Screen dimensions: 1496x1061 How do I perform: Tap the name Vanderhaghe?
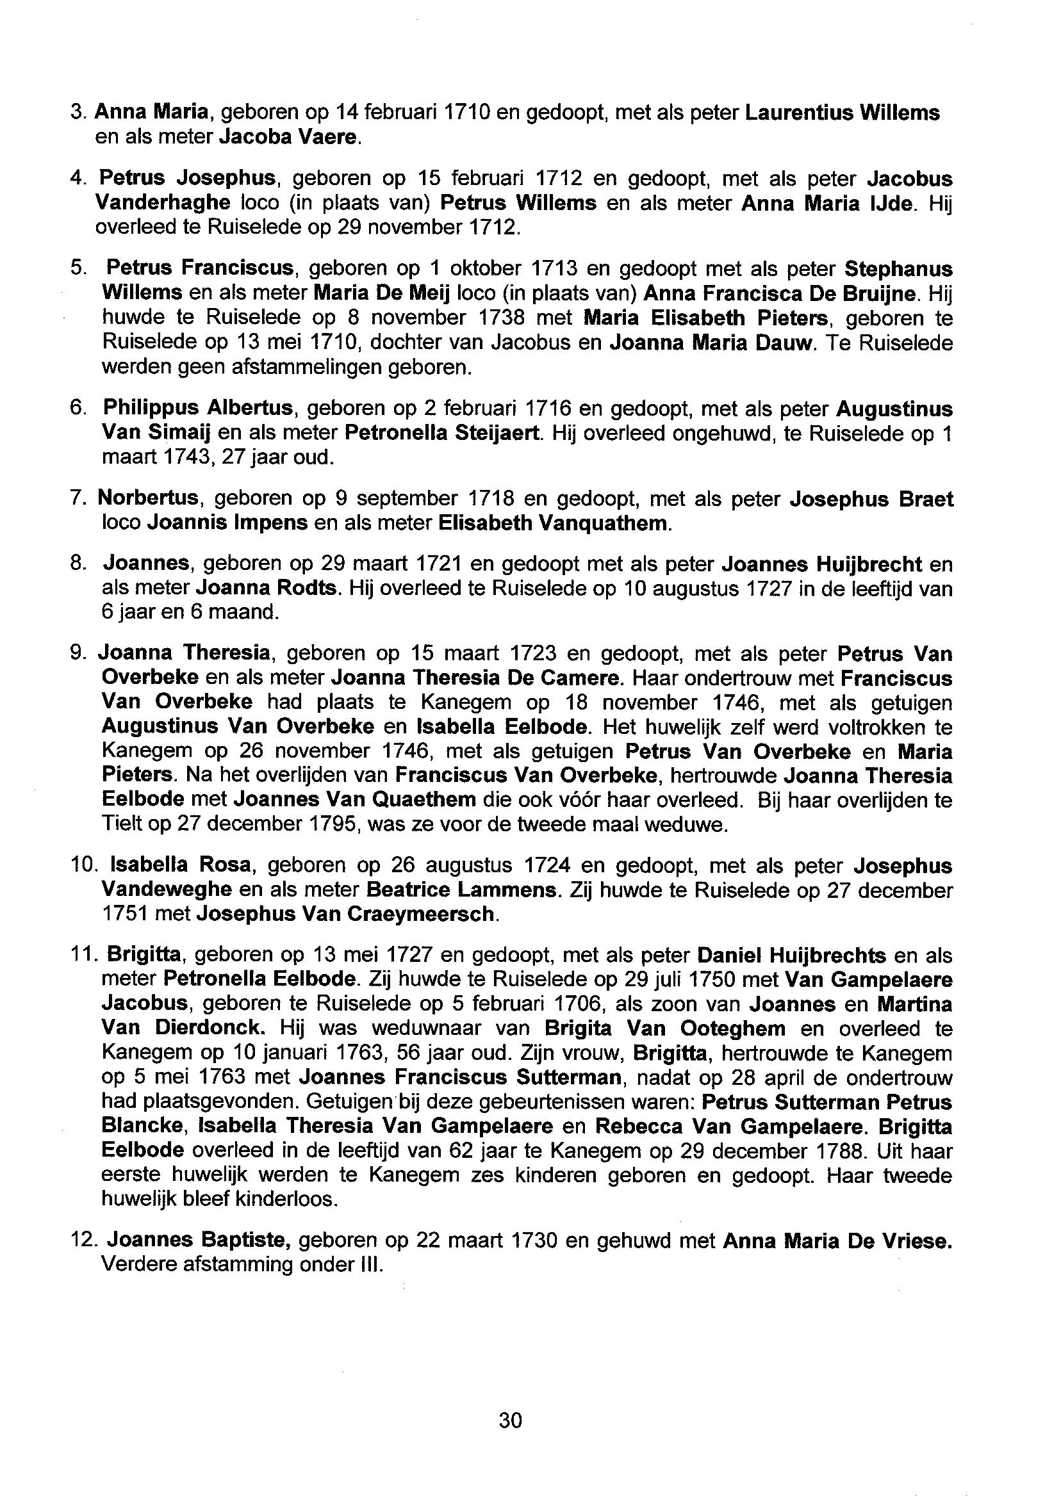(162, 203)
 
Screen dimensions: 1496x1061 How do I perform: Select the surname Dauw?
(786, 343)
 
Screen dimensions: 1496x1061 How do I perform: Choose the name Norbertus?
(147, 499)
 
